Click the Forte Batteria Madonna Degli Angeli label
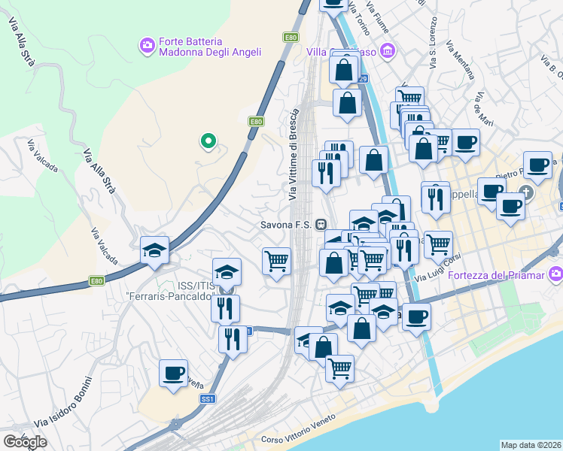209,47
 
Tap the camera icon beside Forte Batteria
147,47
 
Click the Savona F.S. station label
288,224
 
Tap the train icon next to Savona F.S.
321,224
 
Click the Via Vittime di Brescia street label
294,154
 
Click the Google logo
26,441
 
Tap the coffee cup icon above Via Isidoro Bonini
173,373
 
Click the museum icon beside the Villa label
388,51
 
